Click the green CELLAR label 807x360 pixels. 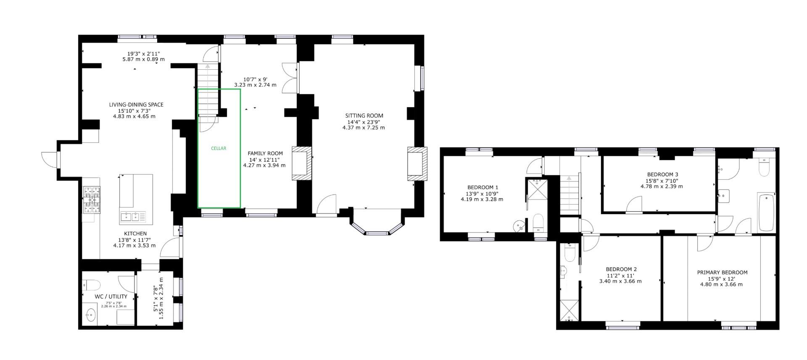pos(219,148)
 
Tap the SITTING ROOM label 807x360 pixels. pos(364,116)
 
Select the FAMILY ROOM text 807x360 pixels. pos(265,153)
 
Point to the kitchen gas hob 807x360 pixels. pos(92,200)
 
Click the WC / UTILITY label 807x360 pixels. pos(111,297)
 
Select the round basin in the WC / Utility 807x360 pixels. pos(90,314)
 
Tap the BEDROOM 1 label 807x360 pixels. pos(483,187)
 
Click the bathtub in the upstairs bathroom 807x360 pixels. pos(766,212)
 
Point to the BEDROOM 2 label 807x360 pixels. pos(621,269)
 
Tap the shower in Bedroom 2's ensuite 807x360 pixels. pos(569,311)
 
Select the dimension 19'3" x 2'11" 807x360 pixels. pos(143,53)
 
